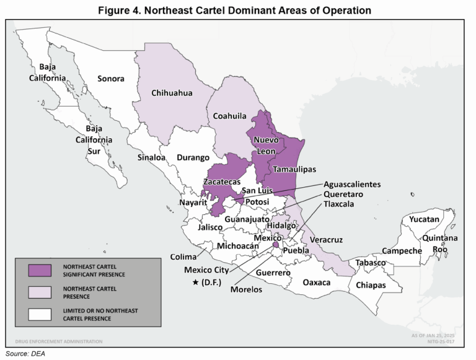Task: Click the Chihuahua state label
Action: [x=172, y=93]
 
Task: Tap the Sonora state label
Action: [x=111, y=79]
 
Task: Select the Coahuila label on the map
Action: [x=229, y=116]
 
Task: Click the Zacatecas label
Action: [x=221, y=182]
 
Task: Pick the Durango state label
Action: [x=193, y=157]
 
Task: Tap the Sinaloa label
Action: [x=151, y=157]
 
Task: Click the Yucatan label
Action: [x=424, y=219]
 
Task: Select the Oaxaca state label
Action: [x=317, y=283]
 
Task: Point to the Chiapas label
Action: [x=371, y=286]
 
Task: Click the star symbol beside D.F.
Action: [x=196, y=283]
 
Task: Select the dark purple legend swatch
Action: [x=39, y=270]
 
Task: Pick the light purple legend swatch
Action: [x=39, y=292]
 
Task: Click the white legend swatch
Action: [x=39, y=314]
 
